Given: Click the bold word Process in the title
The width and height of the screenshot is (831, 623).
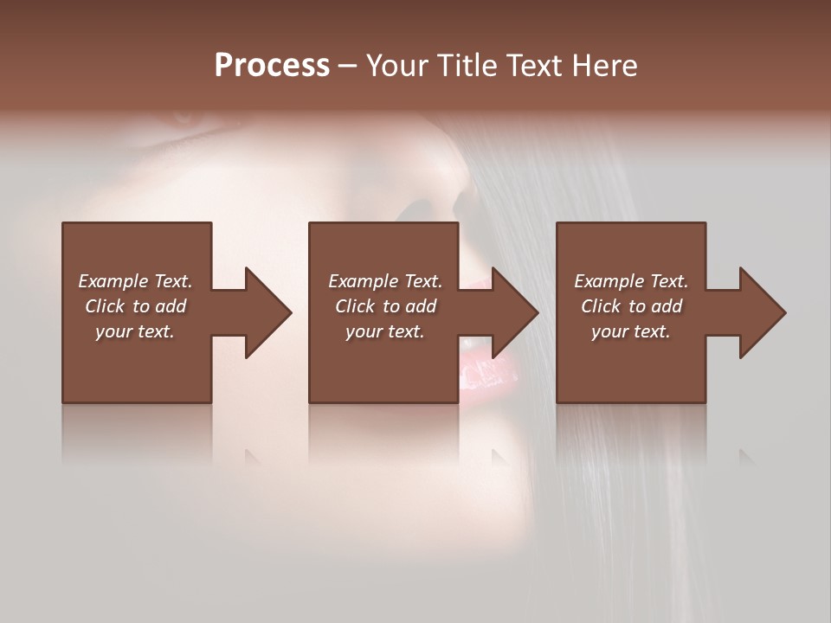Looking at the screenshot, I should point(272,66).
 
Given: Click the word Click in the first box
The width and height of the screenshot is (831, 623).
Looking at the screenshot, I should point(105,306).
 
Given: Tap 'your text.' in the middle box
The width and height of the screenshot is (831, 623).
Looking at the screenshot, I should point(385,331).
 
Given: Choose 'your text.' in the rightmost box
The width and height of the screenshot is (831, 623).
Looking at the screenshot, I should point(631,331).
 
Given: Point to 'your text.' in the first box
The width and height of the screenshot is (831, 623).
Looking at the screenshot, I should point(135,331).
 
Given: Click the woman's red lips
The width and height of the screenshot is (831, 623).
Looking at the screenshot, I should point(481,381).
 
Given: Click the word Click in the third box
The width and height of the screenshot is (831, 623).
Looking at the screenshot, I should point(601,306).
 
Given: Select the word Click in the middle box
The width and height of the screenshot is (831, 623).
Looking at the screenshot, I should point(355,306).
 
